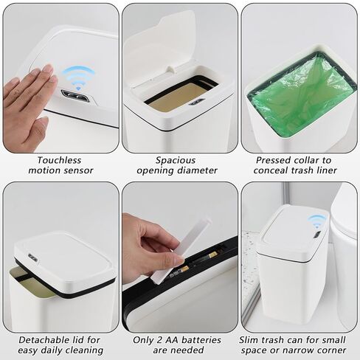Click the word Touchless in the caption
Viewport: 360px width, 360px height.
pos(60,159)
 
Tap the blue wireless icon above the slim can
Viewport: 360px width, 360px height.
pos(316,221)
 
